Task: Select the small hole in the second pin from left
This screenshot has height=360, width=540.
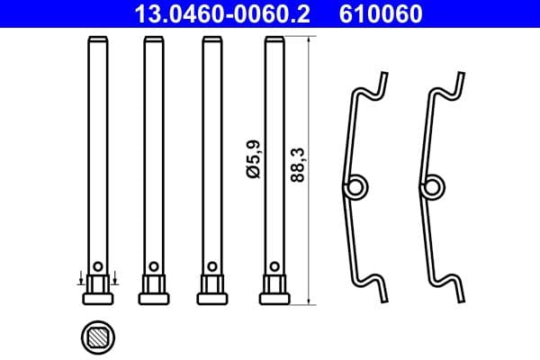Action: (154, 265)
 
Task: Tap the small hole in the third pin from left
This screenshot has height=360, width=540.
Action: (213, 265)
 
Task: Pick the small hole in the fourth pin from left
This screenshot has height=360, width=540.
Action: (274, 265)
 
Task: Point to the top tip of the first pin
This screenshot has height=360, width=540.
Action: (97, 40)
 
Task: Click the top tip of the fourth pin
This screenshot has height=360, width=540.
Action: (274, 40)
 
